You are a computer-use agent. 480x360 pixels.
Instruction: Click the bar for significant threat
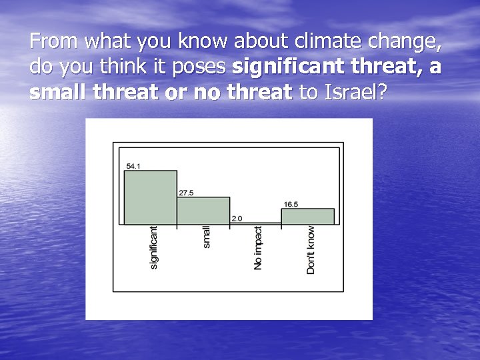(x=151, y=197)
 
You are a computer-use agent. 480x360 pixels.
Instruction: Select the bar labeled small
(x=203, y=210)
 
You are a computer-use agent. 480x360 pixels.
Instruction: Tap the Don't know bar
(x=307, y=217)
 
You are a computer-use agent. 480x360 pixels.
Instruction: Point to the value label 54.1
(x=133, y=165)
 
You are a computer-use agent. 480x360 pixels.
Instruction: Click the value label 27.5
(x=185, y=192)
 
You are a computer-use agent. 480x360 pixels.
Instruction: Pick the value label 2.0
(x=237, y=218)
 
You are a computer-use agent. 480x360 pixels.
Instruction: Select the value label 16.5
(x=291, y=204)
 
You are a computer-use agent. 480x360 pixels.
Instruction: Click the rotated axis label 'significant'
(x=153, y=247)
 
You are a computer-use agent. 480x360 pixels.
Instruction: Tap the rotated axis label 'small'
(x=206, y=237)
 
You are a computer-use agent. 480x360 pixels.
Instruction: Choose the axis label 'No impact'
(x=258, y=247)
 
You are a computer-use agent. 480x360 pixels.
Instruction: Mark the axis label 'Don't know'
(x=311, y=249)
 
